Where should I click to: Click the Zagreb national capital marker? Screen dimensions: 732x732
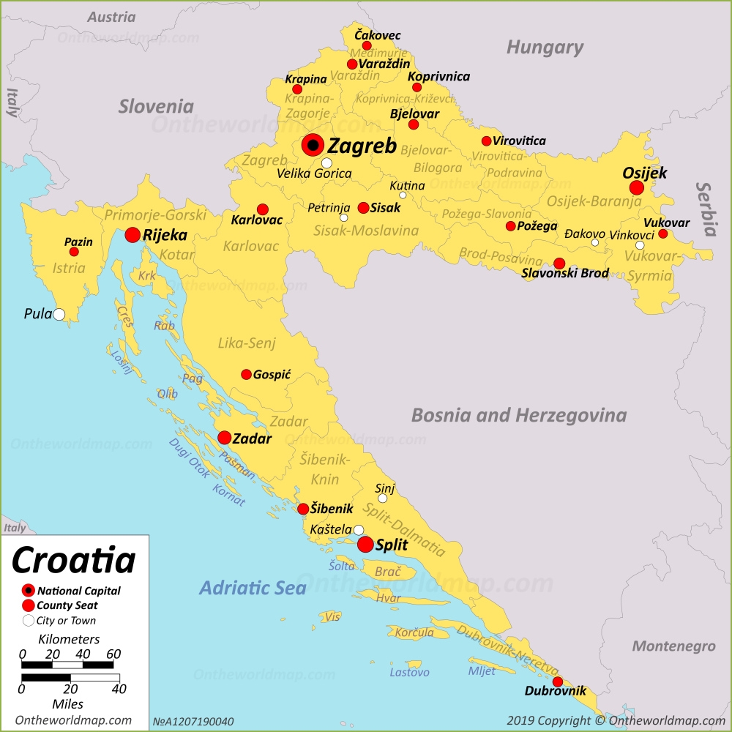click(313, 145)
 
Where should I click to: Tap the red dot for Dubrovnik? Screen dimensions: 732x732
click(558, 682)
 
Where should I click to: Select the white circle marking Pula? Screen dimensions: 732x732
click(59, 315)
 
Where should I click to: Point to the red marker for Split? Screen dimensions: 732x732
click(365, 544)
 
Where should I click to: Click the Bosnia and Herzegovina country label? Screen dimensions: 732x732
click(518, 416)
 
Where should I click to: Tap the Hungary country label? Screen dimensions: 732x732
click(545, 48)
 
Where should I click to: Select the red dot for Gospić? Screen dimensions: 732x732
click(247, 374)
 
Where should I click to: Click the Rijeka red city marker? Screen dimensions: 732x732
click(132, 235)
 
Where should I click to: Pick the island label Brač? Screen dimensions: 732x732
click(388, 572)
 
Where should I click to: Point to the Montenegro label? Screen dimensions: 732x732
click(673, 646)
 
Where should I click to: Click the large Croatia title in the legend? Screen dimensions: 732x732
click(74, 560)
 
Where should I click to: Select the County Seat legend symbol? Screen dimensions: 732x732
click(29, 605)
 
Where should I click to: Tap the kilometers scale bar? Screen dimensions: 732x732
click(67, 665)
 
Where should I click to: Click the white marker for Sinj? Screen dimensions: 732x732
click(382, 498)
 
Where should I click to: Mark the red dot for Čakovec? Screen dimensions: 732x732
click(367, 45)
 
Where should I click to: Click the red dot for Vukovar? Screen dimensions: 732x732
click(663, 234)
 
